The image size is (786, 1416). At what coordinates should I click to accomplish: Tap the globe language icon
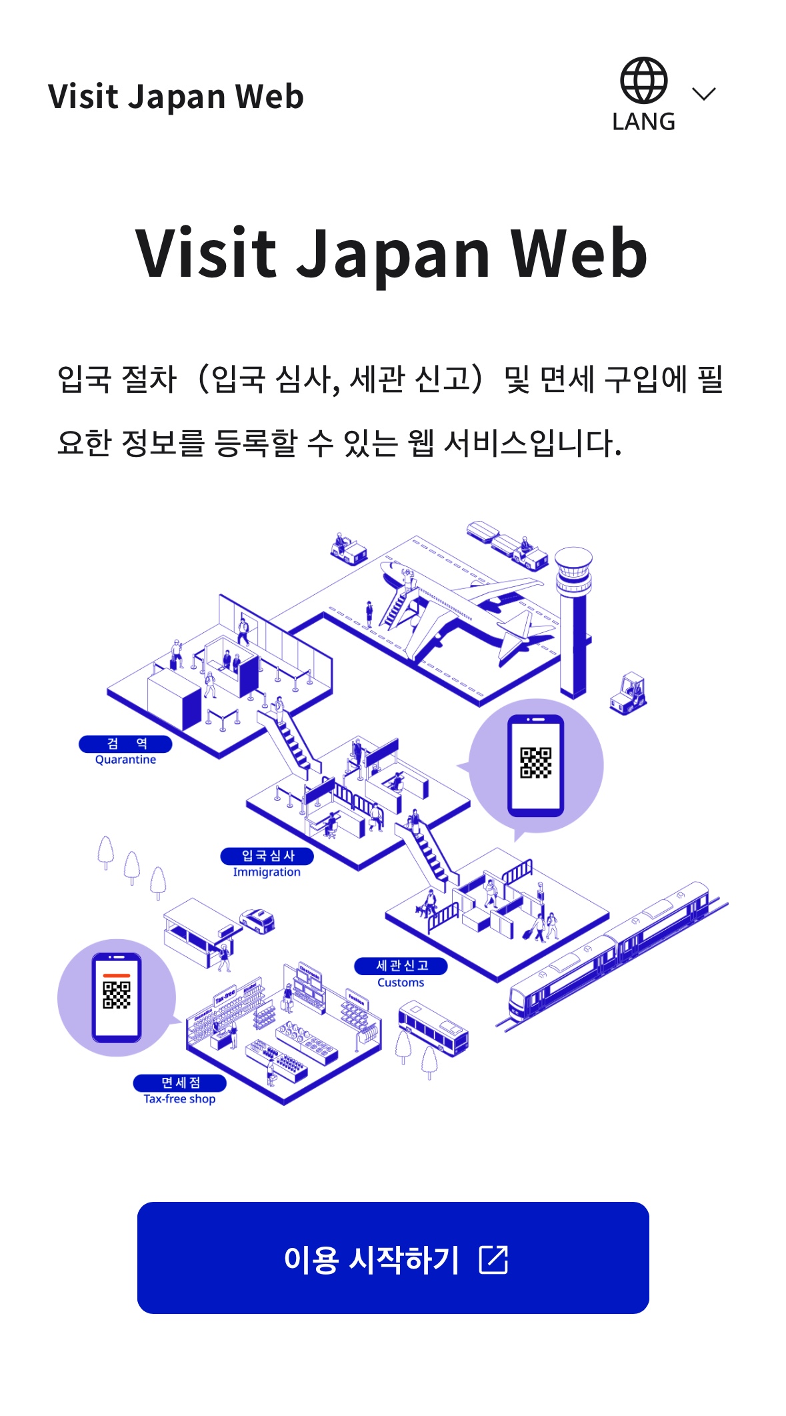(643, 81)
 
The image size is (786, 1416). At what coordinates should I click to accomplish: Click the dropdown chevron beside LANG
(703, 94)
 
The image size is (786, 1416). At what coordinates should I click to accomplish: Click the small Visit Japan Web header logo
(176, 97)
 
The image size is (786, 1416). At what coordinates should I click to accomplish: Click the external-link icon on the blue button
(494, 1259)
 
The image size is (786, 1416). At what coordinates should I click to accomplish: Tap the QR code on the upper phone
(536, 763)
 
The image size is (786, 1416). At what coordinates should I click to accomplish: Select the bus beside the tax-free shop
(433, 1027)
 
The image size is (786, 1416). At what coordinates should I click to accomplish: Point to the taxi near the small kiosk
(258, 920)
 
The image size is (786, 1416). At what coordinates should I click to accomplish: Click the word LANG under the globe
(643, 122)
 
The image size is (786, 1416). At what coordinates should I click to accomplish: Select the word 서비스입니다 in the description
(532, 443)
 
